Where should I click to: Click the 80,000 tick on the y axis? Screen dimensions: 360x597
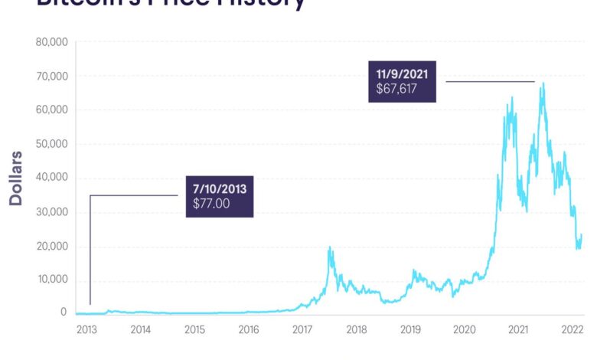pos(51,42)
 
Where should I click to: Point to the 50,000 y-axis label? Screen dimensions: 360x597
pos(51,144)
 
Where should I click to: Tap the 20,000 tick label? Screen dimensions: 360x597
pos(51,246)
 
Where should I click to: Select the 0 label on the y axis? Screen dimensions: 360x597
pos(64,313)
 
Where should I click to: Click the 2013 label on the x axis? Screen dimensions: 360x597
pos(86,329)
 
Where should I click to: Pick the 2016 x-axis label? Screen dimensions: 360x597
pos(249,329)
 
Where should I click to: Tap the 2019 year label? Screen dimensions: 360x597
pos(411,329)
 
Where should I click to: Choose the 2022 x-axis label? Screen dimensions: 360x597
pos(573,329)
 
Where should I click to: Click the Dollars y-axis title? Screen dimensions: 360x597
pos(16,178)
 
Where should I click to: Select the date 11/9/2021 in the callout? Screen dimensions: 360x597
pos(402,75)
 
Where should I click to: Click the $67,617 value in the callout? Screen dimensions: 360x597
pos(397,90)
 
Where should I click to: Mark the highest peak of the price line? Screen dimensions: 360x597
pos(543,83)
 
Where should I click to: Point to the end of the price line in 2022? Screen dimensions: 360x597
pos(582,235)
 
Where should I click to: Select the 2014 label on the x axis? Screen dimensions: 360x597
pos(141,329)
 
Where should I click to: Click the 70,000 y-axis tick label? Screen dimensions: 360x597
pos(51,77)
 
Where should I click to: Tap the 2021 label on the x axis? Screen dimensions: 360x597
pos(519,329)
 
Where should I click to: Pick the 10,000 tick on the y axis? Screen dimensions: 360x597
pos(51,280)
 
